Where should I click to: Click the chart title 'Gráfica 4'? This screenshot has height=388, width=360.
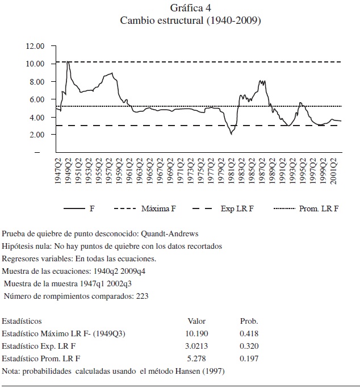click(190, 7)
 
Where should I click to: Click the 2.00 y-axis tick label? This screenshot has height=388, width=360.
click(36, 135)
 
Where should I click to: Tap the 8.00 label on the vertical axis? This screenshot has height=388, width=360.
click(36, 81)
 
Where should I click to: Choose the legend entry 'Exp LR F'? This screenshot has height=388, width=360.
click(237, 208)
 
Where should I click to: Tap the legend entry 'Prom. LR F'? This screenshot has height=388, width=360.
click(319, 208)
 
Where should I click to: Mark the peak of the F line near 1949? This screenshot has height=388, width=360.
click(68, 61)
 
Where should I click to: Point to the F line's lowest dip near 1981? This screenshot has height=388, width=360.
click(231, 133)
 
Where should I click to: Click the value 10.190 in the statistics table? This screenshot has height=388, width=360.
click(196, 333)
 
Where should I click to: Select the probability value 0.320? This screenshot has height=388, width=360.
click(249, 346)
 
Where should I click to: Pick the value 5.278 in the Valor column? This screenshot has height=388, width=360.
click(196, 358)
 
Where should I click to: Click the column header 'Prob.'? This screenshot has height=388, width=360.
click(249, 321)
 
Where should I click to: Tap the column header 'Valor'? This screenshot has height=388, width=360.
click(196, 321)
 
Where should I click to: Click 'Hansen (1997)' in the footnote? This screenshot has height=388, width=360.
click(201, 371)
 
